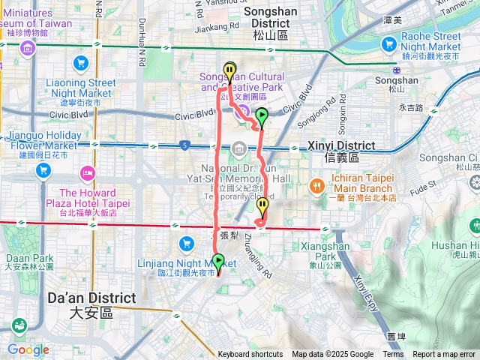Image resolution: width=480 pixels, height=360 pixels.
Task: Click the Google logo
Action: (x=28, y=349)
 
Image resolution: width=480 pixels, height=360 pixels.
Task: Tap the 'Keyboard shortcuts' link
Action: (x=250, y=355)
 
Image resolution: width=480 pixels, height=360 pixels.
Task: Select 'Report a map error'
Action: (x=444, y=355)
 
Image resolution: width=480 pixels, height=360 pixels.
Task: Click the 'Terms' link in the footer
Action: (x=393, y=355)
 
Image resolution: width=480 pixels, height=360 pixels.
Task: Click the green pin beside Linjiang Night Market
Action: (x=219, y=262)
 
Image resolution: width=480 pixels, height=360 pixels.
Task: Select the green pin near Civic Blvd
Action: (x=262, y=117)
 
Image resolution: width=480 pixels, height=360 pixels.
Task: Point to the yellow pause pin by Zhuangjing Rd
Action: (x=262, y=206)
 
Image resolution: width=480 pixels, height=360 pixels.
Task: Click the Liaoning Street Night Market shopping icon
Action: (x=80, y=62)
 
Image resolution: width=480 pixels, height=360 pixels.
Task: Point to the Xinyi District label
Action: (x=334, y=151)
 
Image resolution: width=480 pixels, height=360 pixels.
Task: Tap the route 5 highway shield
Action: (x=184, y=144)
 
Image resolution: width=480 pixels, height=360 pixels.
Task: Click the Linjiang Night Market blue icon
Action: (x=186, y=244)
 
